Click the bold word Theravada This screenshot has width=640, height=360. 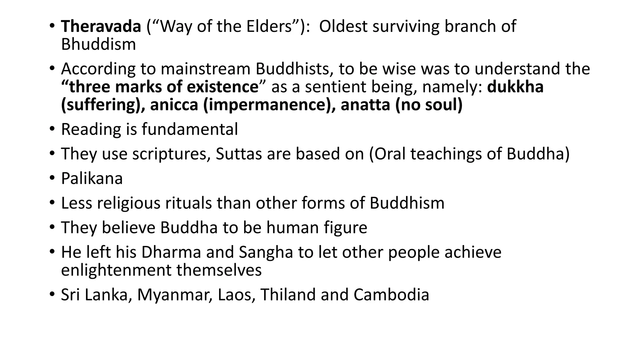click(101, 26)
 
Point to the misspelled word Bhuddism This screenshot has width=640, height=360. click(98, 44)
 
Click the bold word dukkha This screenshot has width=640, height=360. click(515, 87)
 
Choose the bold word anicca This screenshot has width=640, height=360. click(174, 105)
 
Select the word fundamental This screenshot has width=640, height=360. click(190, 129)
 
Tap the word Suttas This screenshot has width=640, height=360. click(238, 154)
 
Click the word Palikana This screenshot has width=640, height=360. click(92, 178)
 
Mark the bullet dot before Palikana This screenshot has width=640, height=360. click(52, 178)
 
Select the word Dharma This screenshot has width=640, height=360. click(171, 252)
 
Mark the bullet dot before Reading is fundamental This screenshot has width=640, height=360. click(52, 129)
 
